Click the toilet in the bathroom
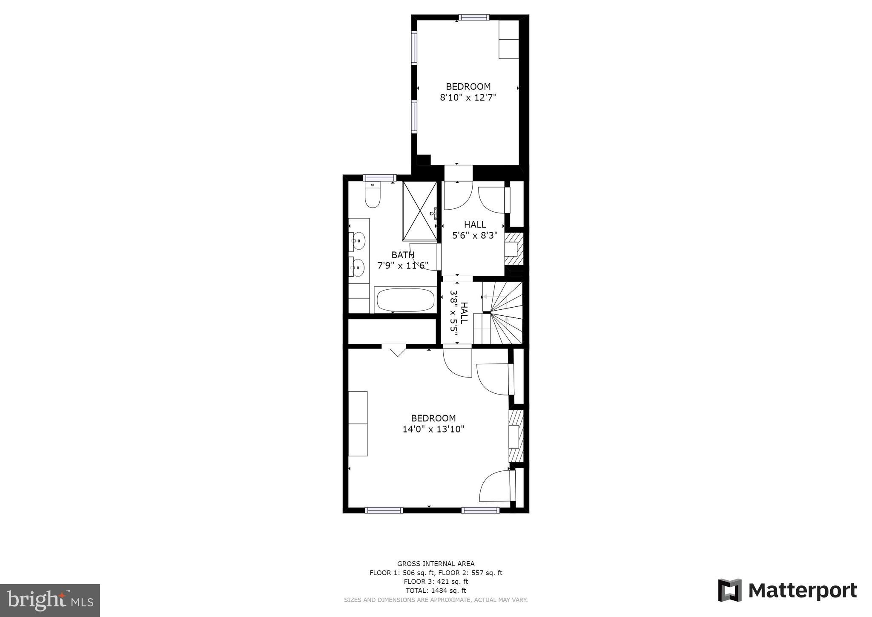373,196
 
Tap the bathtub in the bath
404,300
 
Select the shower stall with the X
420,211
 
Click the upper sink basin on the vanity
359,241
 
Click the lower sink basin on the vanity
359,268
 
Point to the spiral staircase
502,313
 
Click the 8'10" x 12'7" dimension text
468,98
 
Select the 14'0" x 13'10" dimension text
433,429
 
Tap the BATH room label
403,255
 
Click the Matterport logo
787,591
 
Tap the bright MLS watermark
50,600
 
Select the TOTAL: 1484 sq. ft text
436,591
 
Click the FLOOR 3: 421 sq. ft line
436,581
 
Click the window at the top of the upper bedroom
473,17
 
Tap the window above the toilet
379,178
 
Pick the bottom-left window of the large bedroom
384,510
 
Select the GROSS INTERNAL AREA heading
436,563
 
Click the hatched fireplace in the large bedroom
516,436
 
